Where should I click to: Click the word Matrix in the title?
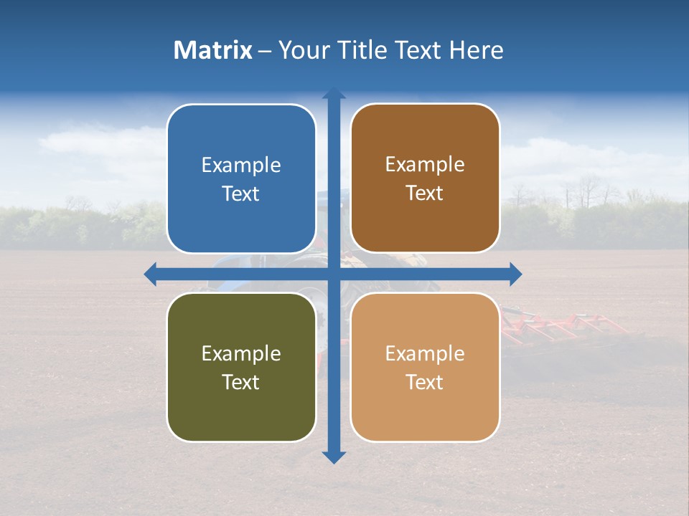tap(213, 50)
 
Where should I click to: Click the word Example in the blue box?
tap(241, 166)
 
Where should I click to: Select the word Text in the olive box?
tap(241, 382)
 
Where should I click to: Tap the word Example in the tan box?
tap(425, 353)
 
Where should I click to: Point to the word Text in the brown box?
tap(425, 193)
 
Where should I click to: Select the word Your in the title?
tap(302, 50)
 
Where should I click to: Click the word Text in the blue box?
tap(241, 194)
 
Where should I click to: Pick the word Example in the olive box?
tap(241, 353)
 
